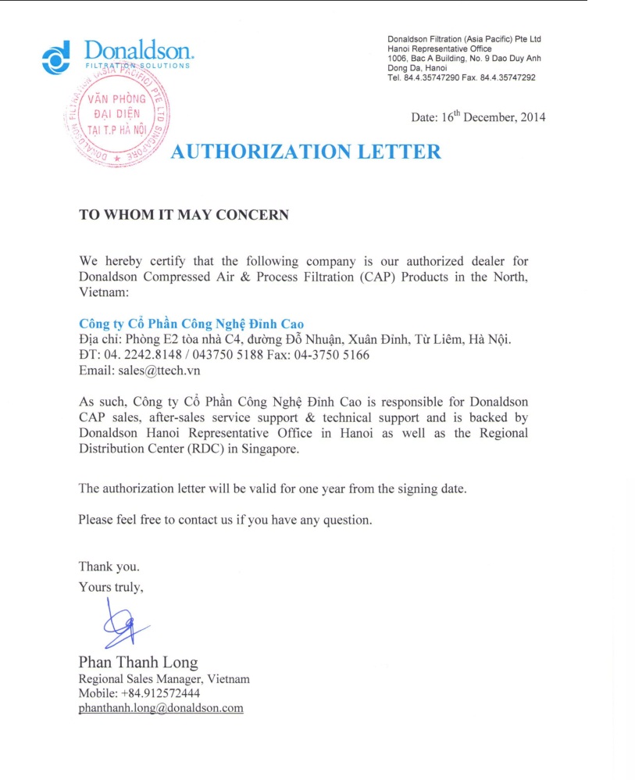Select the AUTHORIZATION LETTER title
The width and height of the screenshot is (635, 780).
coord(305,152)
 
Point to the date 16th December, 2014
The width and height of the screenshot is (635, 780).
coord(478,117)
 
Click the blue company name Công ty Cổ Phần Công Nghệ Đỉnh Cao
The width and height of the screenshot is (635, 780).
coord(191,324)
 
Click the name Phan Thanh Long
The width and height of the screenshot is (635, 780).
coord(138,663)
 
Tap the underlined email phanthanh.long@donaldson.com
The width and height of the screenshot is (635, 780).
coord(161,708)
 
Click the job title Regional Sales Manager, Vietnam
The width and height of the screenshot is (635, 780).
coord(164,679)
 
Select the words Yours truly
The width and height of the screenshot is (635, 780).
coord(111,587)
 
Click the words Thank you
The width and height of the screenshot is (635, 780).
coord(109,567)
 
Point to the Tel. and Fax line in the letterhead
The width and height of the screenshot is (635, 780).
coord(461,77)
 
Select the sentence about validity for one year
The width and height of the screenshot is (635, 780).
coord(272,488)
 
